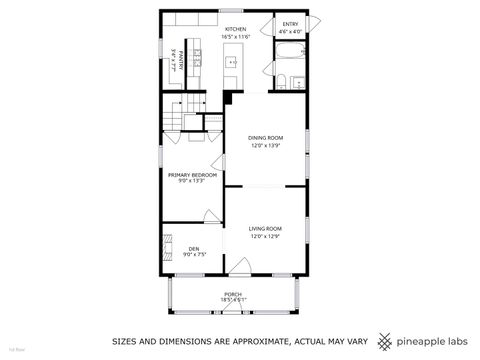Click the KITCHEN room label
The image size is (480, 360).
(235, 29)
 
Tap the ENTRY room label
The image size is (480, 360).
(290, 24)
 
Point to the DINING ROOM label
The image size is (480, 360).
(265, 137)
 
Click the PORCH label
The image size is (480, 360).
(232, 294)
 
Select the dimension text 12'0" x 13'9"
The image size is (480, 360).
(265, 144)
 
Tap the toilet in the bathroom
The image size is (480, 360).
(283, 81)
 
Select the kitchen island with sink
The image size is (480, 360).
(231, 70)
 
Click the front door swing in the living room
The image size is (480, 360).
(239, 267)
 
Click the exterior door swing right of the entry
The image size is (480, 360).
(312, 23)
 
